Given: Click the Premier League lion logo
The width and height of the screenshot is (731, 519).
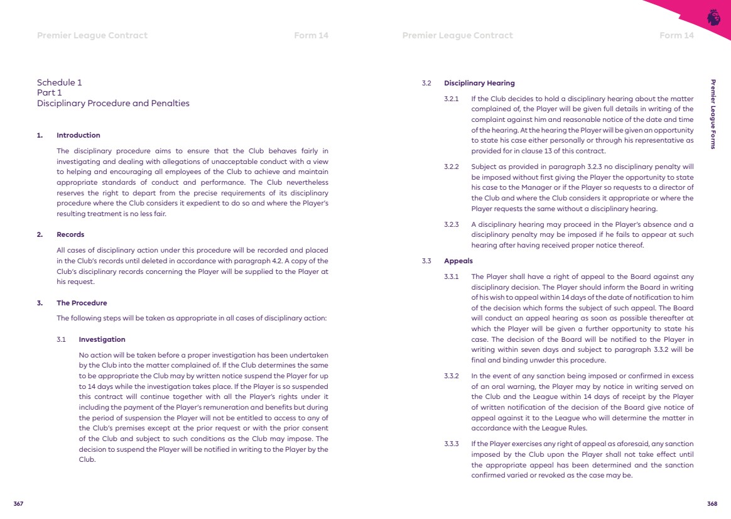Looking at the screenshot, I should coord(713,17).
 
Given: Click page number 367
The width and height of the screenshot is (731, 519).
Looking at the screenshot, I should coord(19,504).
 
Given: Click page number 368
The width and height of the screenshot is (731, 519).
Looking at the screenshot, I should coord(712,504).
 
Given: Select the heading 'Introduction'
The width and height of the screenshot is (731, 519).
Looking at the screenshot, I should coord(78,135).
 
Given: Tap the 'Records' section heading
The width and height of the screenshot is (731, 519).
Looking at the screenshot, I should coord(70,234).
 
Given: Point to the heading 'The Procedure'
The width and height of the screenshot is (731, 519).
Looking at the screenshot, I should coord(82,303).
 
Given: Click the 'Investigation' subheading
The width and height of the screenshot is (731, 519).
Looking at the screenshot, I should coord(102,339).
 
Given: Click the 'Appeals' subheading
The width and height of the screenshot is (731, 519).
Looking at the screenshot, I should coord(458,261).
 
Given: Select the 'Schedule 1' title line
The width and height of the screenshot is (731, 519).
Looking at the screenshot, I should coord(59,82).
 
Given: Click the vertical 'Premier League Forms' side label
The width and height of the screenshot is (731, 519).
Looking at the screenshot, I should coord(713,114).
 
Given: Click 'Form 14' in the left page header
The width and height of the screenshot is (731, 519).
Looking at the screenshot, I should coord(311,35).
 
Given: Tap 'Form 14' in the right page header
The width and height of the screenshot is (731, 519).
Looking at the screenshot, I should coord(676,35).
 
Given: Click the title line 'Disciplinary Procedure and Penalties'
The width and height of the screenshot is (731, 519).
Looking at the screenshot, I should coord(113,103).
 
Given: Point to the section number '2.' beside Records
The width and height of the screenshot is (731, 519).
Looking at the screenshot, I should coord(40,234).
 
